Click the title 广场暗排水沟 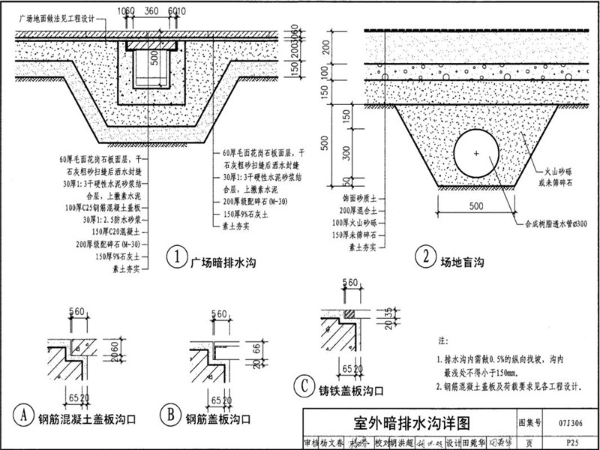point(224,260)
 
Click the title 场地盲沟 point(462,260)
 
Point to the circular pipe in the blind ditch point(475,154)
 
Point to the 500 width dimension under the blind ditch point(475,205)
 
